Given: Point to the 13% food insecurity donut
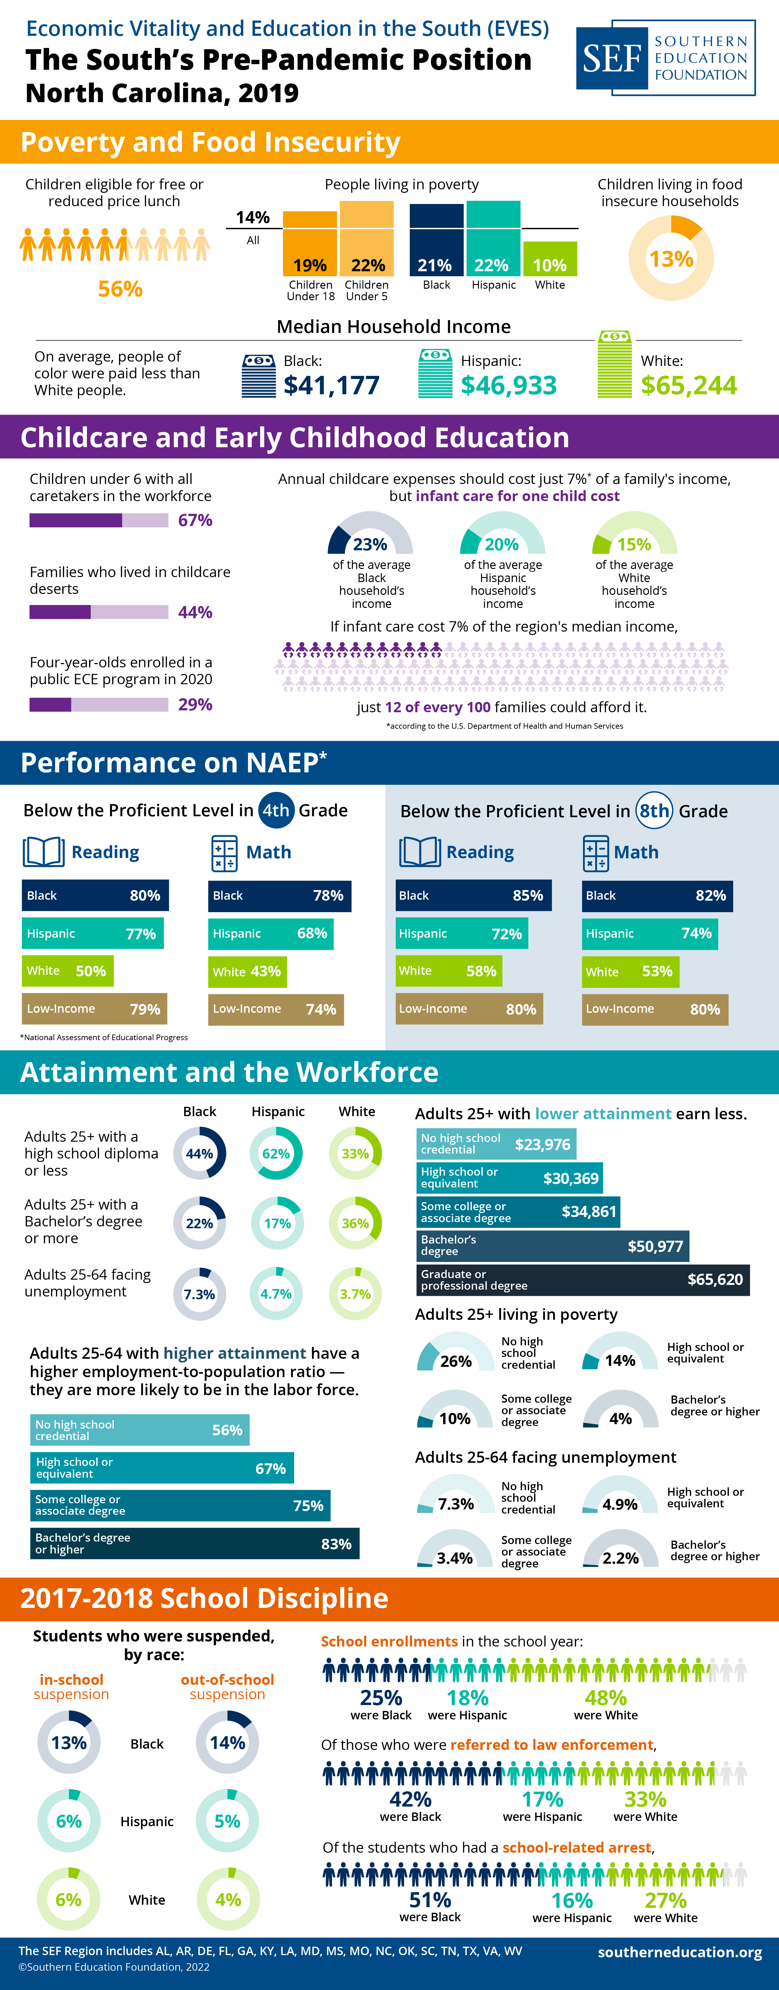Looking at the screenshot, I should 671,258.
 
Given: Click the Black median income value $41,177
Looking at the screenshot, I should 332,385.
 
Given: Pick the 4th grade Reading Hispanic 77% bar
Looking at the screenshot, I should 93,933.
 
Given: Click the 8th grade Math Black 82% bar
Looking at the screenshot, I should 657,895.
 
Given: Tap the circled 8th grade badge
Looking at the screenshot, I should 654,810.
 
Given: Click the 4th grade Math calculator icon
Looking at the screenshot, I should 224,853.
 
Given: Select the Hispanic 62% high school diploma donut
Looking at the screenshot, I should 276,1154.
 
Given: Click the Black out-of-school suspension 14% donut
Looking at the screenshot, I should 227,1743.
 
